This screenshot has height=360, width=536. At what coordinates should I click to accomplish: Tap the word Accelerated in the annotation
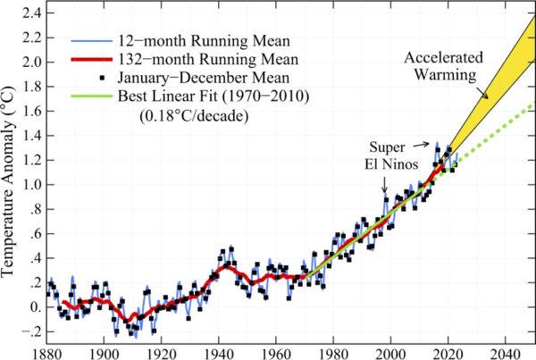click(x=444, y=58)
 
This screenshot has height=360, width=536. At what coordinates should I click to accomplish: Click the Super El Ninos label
click(x=390, y=153)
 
